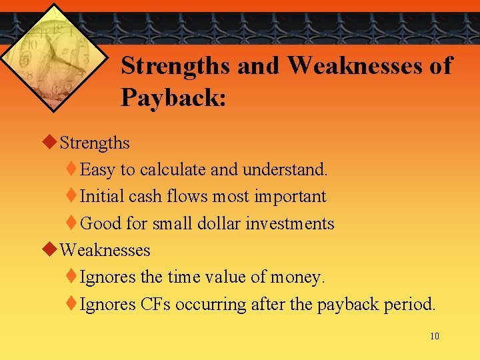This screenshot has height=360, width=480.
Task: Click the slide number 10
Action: click(435, 336)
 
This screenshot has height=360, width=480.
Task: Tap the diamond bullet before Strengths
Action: click(48, 142)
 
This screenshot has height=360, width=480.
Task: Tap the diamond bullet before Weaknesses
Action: click(48, 250)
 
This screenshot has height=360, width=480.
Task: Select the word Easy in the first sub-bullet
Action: click(97, 170)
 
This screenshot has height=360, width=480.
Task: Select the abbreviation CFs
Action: click(156, 305)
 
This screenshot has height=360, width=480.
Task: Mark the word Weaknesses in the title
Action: click(369, 65)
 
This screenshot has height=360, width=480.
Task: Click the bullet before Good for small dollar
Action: click(72, 223)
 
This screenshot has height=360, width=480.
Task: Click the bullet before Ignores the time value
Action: click(72, 277)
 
